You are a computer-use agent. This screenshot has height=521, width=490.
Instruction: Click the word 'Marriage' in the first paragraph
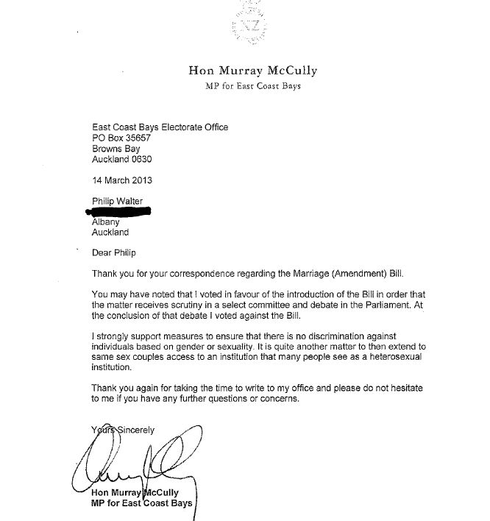pos(313,274)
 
